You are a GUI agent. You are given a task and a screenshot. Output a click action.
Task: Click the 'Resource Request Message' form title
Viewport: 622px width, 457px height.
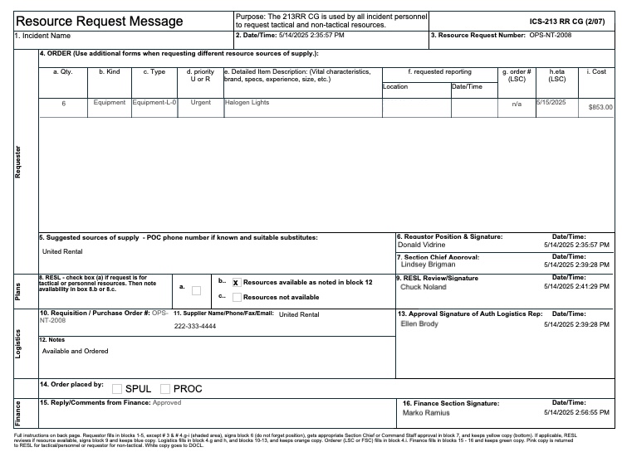point(100,20)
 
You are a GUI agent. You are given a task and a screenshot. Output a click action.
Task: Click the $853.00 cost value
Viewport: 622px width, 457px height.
point(600,108)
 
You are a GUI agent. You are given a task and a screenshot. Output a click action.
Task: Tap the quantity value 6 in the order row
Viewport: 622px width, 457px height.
point(63,104)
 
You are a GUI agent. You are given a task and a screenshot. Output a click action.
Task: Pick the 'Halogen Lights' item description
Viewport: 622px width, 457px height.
point(247,103)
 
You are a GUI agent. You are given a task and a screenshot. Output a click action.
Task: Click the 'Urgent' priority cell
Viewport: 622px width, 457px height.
point(200,104)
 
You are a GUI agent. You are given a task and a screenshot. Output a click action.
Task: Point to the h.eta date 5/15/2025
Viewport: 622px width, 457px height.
point(551,102)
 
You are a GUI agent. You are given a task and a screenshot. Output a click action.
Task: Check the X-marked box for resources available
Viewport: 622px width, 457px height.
point(236,282)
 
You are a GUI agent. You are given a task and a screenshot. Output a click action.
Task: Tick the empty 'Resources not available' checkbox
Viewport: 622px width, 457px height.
point(237,296)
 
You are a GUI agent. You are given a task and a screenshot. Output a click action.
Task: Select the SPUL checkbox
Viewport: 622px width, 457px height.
point(117,389)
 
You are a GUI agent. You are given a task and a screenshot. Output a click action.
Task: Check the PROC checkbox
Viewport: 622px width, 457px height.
point(165,389)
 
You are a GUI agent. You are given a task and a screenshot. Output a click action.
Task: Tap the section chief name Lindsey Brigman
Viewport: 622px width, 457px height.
point(428,265)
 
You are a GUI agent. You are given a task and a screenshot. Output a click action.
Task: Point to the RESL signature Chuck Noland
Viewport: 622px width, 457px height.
point(423,287)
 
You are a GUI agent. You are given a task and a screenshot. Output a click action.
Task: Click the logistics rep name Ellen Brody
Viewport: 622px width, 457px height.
point(419,324)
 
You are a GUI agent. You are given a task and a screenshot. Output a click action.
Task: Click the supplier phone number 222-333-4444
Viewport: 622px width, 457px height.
point(195,327)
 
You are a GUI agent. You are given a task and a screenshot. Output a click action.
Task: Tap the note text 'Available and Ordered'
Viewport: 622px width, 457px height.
point(75,351)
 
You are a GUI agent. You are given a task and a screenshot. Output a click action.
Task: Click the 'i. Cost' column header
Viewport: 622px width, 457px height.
point(595,73)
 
